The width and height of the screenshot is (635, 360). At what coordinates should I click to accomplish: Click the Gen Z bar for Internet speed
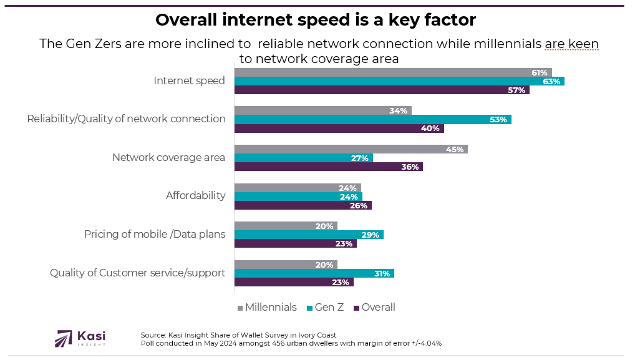point(399,80)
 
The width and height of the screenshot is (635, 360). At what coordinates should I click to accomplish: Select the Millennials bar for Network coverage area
point(351,149)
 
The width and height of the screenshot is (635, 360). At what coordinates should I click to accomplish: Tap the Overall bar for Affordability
point(303,205)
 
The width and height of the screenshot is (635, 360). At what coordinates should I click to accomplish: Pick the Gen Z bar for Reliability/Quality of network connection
point(372,119)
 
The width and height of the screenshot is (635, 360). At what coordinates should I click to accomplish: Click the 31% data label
point(382,273)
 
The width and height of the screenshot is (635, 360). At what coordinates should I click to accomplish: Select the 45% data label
point(455,149)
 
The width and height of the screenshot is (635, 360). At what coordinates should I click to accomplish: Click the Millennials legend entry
point(267,307)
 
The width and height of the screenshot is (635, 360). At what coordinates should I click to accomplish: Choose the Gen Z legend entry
point(325,307)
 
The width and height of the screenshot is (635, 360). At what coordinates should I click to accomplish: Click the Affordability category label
point(195,195)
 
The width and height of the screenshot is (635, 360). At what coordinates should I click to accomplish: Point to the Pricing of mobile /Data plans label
point(155,235)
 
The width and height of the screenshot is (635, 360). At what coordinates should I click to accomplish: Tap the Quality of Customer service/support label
point(137,273)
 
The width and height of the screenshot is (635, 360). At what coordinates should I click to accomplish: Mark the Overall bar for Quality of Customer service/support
point(294,282)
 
